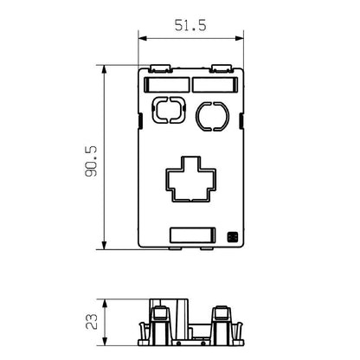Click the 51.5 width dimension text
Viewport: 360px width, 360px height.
pos(190,26)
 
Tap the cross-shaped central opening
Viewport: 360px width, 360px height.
pos(190,177)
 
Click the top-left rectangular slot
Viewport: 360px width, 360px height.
pos(166,85)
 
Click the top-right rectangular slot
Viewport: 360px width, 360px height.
pos(213,85)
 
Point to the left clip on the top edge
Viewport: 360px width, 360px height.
pos(161,67)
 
